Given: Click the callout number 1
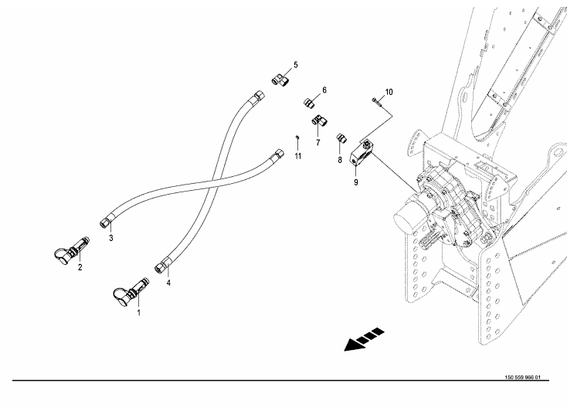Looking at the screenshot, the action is (138, 312).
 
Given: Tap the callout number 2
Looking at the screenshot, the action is (80, 267).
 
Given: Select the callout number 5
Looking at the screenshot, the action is (296, 65).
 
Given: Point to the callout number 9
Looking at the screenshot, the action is (356, 182).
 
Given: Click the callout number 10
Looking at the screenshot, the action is (389, 92).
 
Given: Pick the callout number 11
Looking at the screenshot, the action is (297, 156).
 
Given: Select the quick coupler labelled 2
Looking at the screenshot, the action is (72, 249).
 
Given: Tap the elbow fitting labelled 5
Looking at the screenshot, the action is (280, 80).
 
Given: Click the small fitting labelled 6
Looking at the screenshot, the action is (309, 102).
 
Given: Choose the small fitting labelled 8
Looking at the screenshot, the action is (341, 137).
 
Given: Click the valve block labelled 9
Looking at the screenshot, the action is (362, 154).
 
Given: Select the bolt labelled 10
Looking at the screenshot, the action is (377, 102).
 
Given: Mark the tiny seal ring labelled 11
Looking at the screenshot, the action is (297, 137).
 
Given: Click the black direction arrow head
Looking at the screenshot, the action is (351, 345).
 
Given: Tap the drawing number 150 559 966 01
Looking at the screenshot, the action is (522, 378).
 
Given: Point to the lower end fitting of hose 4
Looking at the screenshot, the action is (162, 266).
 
